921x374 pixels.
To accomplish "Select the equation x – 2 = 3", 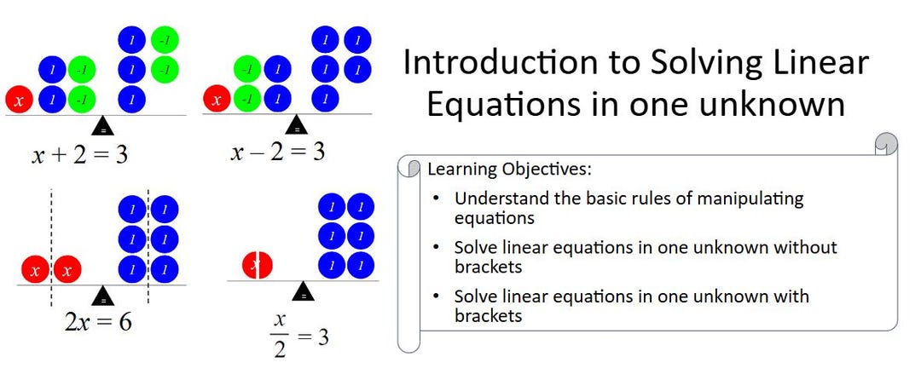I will click(x=277, y=152).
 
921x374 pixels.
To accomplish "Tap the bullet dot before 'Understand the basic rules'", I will click(x=437, y=199).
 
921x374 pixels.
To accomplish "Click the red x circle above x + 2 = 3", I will click(x=20, y=100).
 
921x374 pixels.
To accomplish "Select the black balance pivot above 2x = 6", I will click(x=103, y=295).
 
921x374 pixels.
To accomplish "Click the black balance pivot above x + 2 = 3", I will click(x=103, y=125).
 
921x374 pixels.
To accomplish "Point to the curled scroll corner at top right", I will click(x=887, y=144).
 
